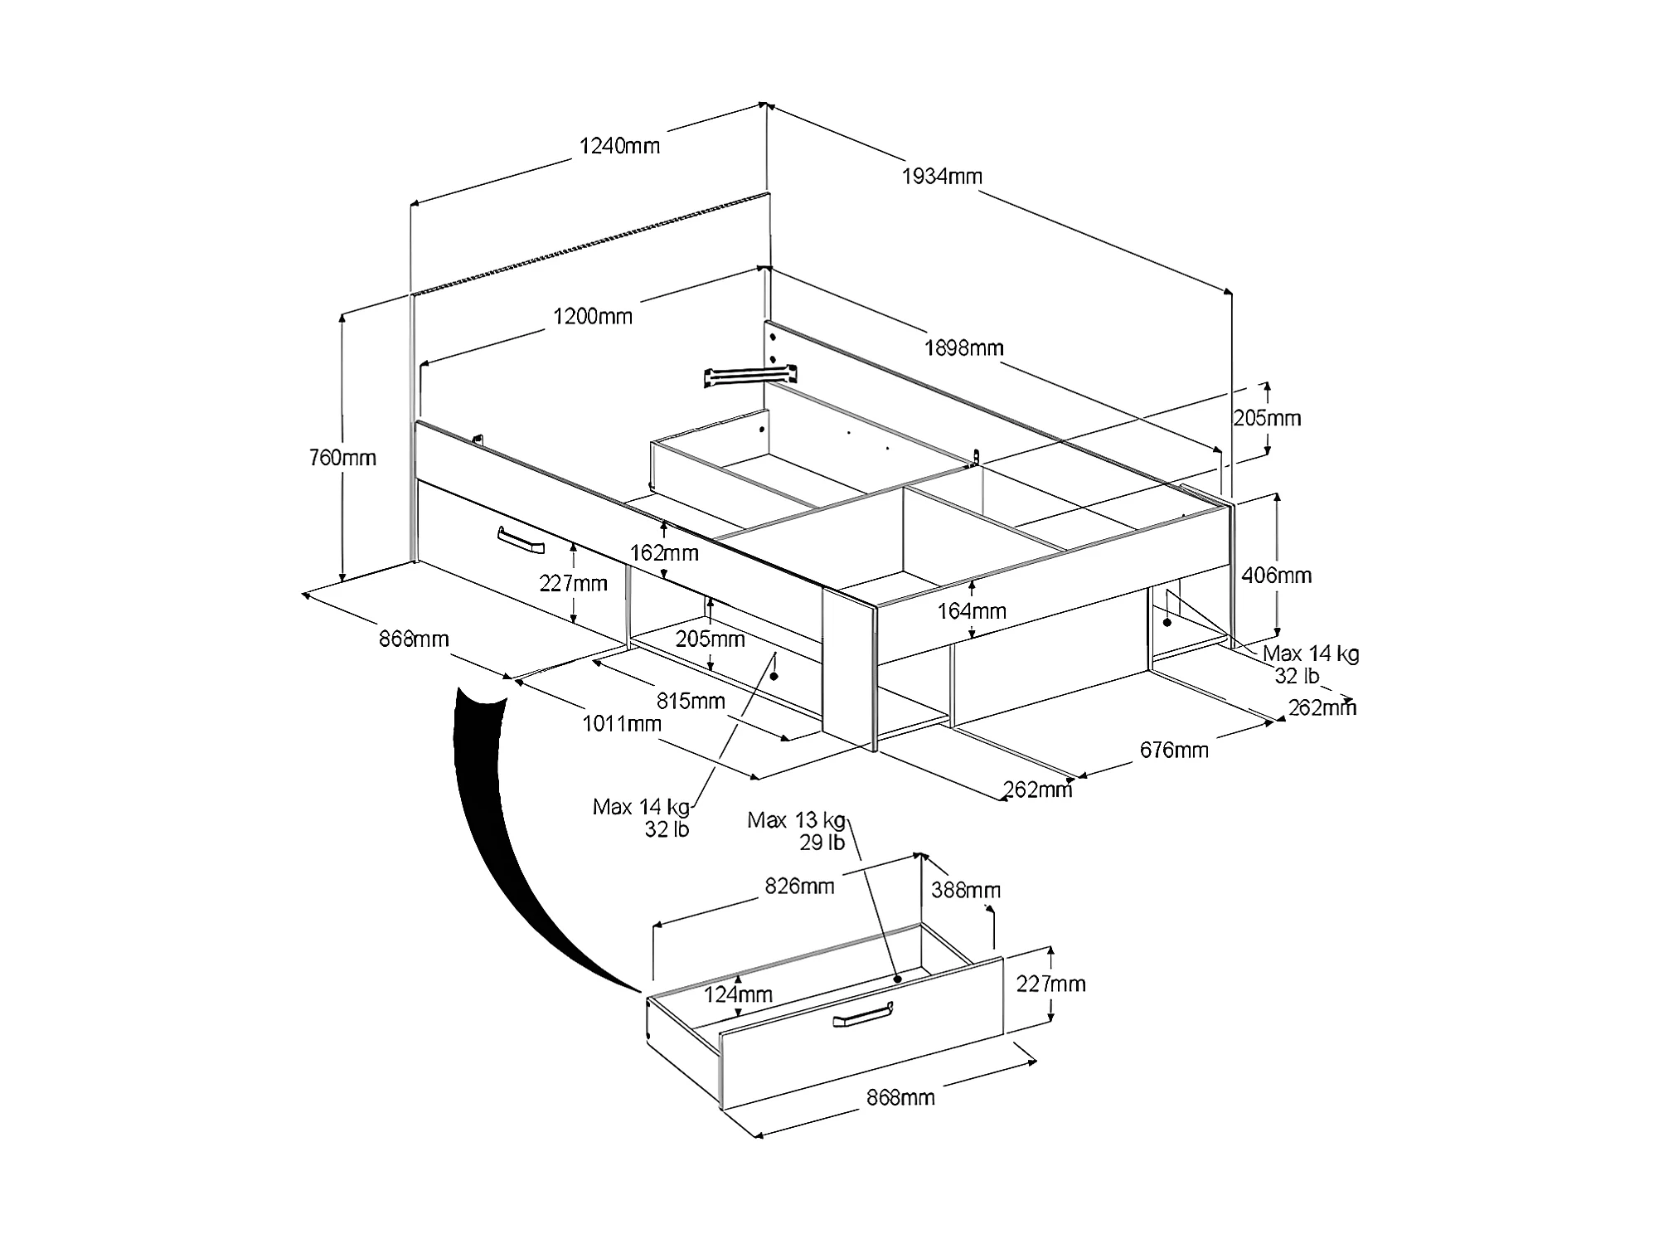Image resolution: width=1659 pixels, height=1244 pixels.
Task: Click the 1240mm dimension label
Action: (619, 147)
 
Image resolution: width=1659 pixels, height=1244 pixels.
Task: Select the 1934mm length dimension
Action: (942, 177)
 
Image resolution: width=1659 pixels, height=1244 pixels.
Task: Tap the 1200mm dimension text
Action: (593, 317)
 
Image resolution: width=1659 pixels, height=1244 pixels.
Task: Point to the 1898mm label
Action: (963, 348)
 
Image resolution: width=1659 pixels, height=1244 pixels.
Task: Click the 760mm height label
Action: (342, 458)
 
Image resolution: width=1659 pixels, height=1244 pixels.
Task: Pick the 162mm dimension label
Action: (664, 552)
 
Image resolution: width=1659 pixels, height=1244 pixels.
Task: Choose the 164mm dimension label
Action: (972, 612)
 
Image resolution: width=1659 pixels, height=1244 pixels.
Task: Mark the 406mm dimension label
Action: (1276, 576)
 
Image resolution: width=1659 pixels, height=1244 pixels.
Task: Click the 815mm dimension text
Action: (691, 702)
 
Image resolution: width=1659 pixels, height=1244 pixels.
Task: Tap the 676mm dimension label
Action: (1174, 751)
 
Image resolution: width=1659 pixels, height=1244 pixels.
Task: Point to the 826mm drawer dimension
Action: (799, 887)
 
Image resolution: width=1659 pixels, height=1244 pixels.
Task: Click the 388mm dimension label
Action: (966, 891)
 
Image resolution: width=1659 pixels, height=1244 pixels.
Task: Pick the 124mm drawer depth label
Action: (738, 994)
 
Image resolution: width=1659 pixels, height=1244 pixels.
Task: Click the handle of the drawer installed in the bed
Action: (520, 540)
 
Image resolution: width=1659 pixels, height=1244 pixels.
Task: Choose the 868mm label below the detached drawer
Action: (900, 1098)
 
